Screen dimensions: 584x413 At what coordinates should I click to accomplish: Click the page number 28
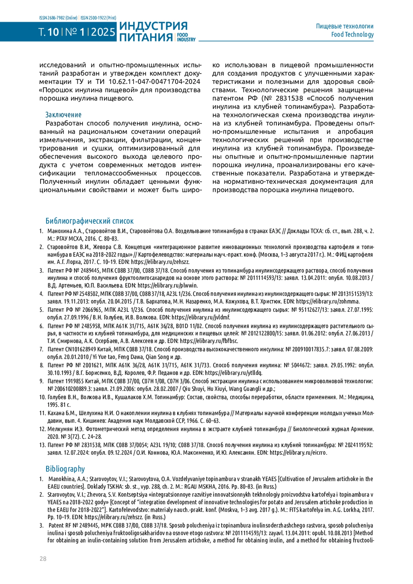pyautogui.click(x=43, y=559)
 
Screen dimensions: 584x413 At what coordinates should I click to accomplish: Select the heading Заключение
pyautogui.click(x=63, y=115)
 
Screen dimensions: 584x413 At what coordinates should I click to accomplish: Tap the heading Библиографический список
pyautogui.click(x=89, y=221)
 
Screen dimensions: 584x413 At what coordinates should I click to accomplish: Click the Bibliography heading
pyautogui.click(x=65, y=469)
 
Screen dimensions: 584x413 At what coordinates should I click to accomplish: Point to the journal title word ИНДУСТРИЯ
pyautogui.click(x=153, y=26)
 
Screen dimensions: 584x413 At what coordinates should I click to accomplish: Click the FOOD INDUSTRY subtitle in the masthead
pyautogui.click(x=186, y=37)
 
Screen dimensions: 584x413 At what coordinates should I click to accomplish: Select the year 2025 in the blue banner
pyautogui.click(x=103, y=32)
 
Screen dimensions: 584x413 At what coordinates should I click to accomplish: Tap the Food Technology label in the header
pyautogui.click(x=352, y=34)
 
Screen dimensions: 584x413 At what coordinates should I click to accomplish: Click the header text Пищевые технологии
pyautogui.click(x=345, y=26)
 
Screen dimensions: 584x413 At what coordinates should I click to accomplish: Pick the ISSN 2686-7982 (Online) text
pyautogui.click(x=58, y=18)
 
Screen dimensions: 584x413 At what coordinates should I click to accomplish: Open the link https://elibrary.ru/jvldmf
pyautogui.click(x=201, y=317)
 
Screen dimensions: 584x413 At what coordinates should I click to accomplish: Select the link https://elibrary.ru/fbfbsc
pyautogui.click(x=209, y=341)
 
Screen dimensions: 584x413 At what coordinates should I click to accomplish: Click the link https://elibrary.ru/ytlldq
pyautogui.click(x=233, y=373)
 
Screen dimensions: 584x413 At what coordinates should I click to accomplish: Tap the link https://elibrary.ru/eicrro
pyautogui.click(x=298, y=453)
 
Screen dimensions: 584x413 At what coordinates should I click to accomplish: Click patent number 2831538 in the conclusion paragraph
pyautogui.click(x=289, y=98)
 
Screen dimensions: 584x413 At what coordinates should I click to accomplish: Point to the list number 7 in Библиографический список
pyautogui.click(x=41, y=349)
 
